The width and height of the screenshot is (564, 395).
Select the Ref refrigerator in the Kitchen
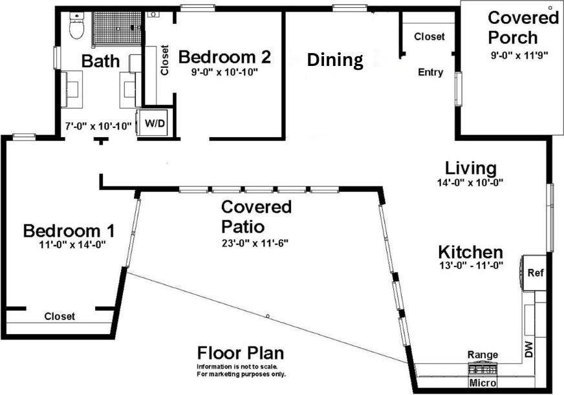(x=536, y=273)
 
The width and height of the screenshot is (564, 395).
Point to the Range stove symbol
(x=483, y=369)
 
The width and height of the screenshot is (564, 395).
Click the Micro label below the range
(x=483, y=383)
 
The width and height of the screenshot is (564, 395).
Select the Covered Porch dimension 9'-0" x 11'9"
(x=519, y=56)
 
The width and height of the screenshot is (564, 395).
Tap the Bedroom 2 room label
(x=224, y=57)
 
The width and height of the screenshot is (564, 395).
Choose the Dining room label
(x=334, y=60)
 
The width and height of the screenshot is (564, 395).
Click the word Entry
(x=431, y=72)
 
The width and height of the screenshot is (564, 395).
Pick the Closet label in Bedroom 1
(x=60, y=316)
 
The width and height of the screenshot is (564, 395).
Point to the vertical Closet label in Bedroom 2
(x=164, y=60)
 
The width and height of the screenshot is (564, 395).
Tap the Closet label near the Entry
(x=429, y=37)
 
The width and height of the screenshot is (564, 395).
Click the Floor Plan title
(x=240, y=354)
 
